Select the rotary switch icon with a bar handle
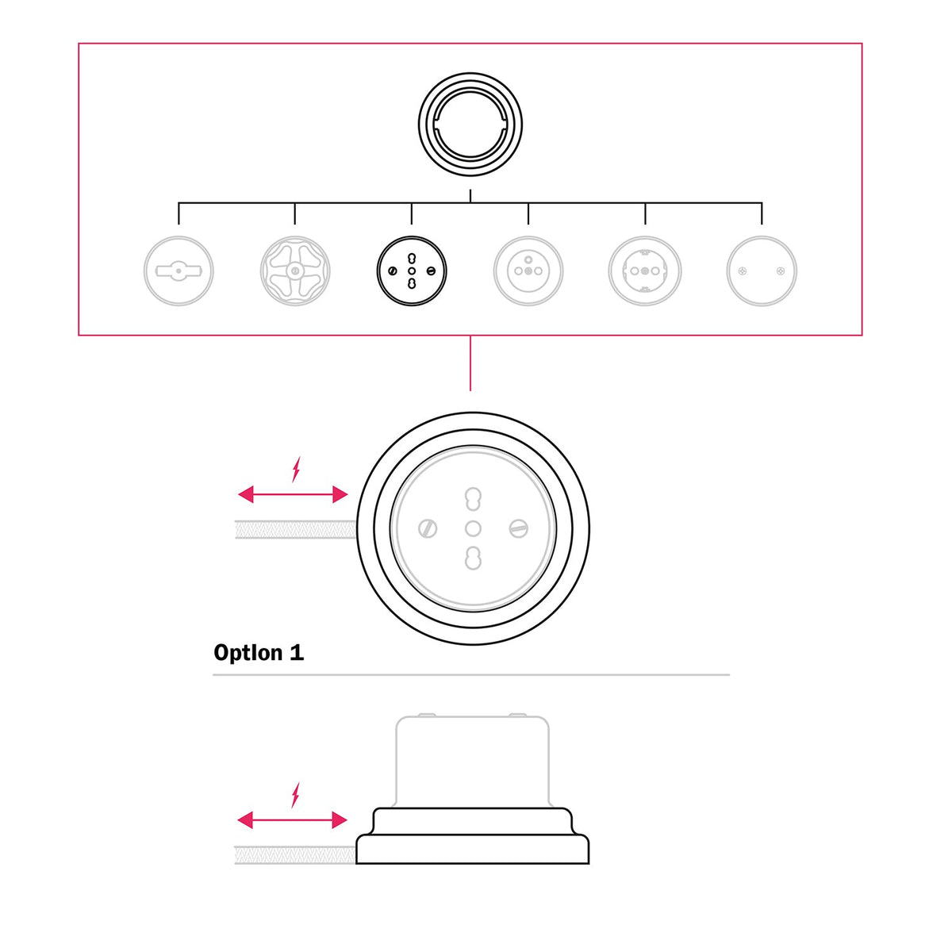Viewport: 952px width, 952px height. click(178, 271)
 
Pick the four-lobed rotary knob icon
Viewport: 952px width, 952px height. click(295, 271)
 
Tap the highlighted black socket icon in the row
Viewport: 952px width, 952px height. click(412, 271)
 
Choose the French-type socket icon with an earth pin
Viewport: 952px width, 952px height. click(528, 271)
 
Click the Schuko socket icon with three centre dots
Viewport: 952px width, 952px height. click(645, 271)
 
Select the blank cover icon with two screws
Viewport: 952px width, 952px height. click(762, 271)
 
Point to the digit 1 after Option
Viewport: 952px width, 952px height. click(297, 652)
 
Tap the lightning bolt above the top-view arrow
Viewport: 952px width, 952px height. click(296, 470)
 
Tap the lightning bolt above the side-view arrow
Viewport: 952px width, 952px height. click(295, 795)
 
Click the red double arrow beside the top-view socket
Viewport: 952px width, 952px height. click(293, 494)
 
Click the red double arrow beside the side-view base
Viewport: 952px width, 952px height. click(293, 820)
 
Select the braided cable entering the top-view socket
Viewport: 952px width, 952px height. click(295, 530)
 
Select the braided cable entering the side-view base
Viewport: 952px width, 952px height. click(295, 855)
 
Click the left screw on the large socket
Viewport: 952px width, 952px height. click(428, 528)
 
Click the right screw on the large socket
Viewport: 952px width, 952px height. click(518, 528)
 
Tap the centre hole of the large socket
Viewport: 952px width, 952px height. click(473, 528)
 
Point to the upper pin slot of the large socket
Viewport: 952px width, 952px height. click(473, 498)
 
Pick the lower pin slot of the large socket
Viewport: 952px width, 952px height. click(473, 559)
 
